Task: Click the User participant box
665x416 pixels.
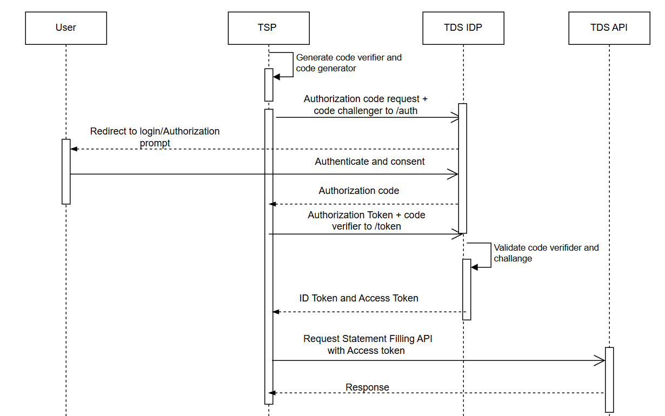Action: (x=66, y=29)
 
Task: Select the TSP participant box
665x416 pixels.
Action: (x=268, y=29)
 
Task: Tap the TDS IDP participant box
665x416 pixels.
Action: (x=463, y=29)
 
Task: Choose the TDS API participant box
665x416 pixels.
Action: (x=609, y=29)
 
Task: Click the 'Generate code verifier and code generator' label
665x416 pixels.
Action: (x=349, y=63)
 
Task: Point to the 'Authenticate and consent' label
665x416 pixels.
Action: (x=370, y=162)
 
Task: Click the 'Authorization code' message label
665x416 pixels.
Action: (x=359, y=191)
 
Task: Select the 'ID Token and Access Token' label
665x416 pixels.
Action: (x=359, y=298)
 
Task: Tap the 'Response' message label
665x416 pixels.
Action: (x=368, y=387)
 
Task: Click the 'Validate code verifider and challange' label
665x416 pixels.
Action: (x=546, y=253)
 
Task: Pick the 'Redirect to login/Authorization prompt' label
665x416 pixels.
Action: (x=155, y=137)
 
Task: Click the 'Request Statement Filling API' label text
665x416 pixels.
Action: (x=368, y=339)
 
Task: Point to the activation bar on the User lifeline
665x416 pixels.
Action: (x=66, y=172)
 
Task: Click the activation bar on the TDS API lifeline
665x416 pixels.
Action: (x=609, y=379)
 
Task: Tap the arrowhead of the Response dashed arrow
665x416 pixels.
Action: (x=272, y=393)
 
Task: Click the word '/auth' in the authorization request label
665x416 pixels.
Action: (x=406, y=111)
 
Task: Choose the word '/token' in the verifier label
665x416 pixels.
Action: (x=387, y=226)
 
